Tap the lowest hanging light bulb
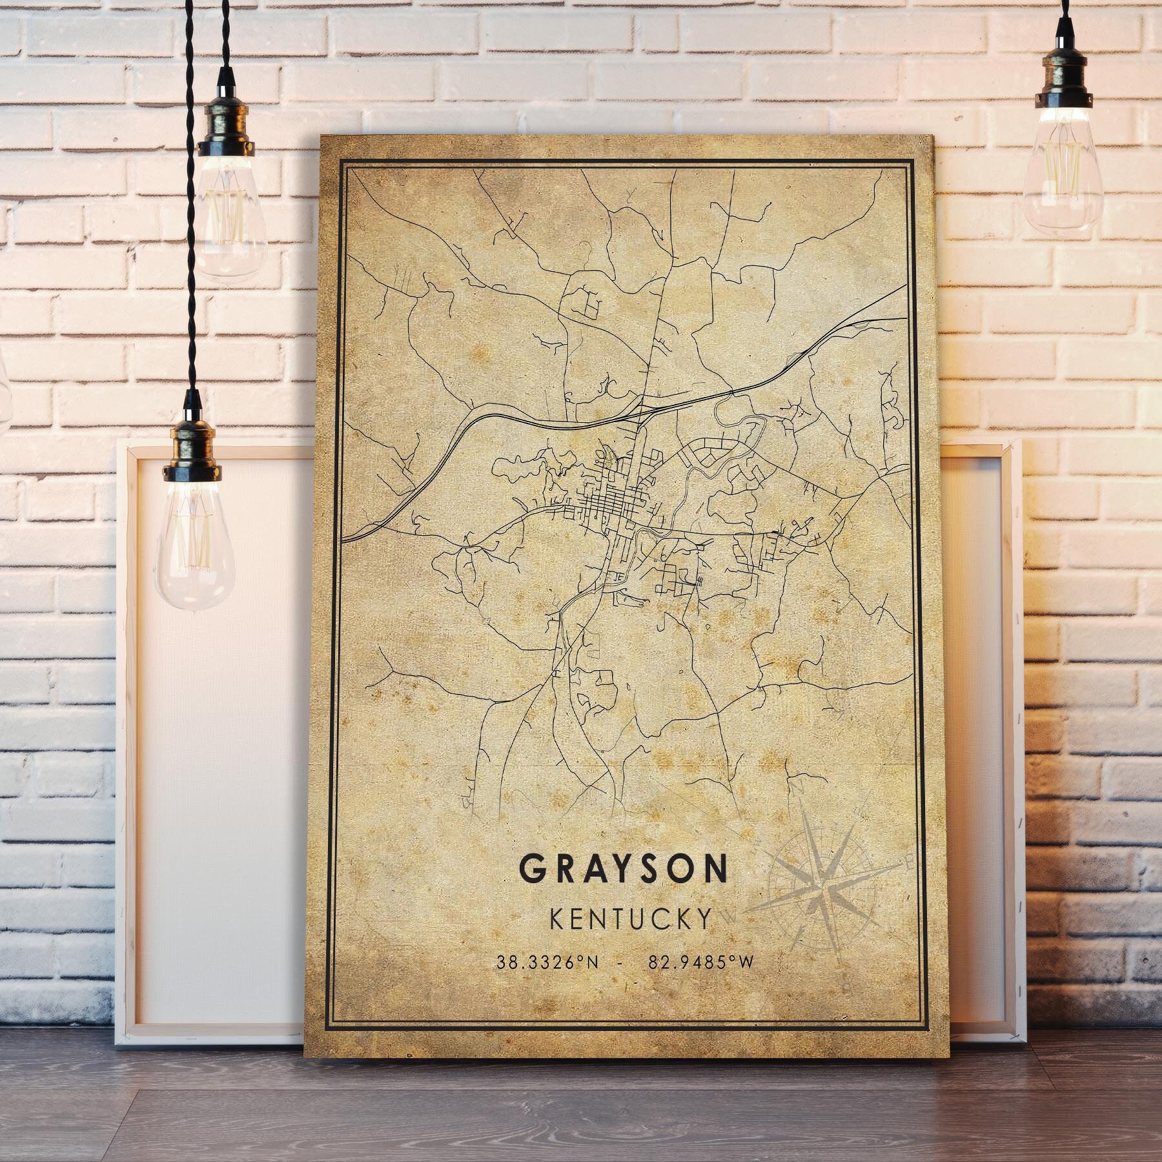193,542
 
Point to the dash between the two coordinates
620,963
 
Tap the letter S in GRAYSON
647,869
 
